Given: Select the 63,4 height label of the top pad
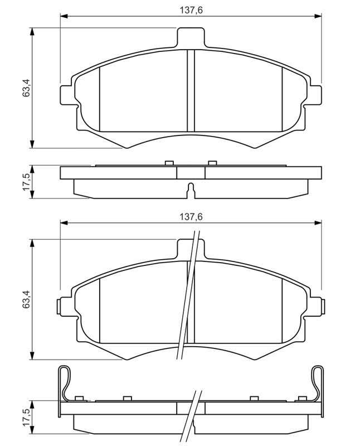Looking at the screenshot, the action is pyautogui.click(x=27, y=88).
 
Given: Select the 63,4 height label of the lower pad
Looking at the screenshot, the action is pyautogui.click(x=27, y=299).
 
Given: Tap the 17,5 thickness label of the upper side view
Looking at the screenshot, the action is pyautogui.click(x=27, y=182).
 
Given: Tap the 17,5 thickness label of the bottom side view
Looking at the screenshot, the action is pyautogui.click(x=27, y=418).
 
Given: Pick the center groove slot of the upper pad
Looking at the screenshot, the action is pyautogui.click(x=191, y=90).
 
